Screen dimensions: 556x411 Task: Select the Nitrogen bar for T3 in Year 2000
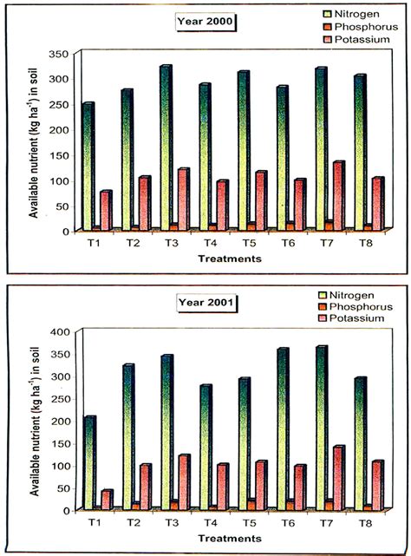165,147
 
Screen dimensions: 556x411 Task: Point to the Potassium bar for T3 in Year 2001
185,481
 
